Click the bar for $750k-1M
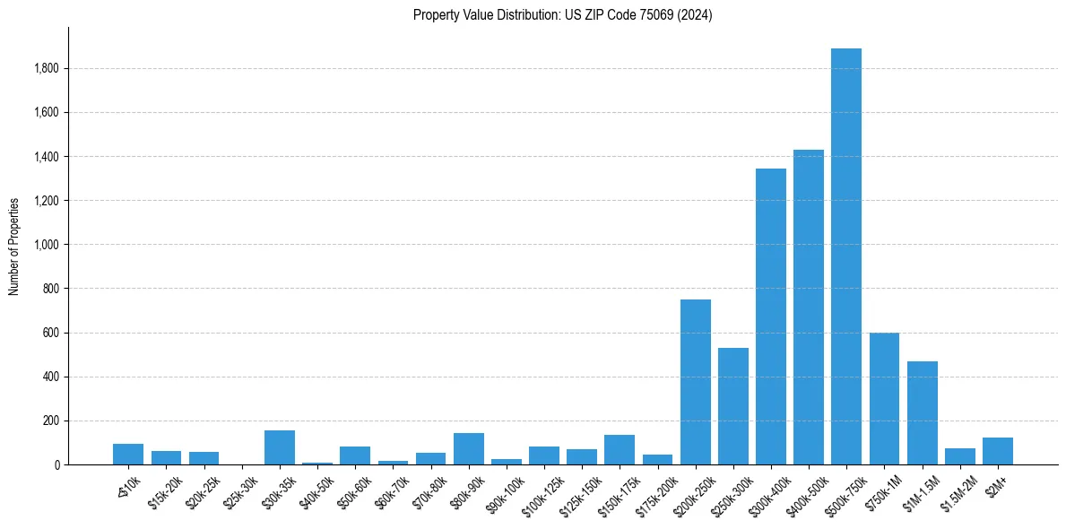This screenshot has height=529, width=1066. (884, 398)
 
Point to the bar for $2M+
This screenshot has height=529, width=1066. (997, 451)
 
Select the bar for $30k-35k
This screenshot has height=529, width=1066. (279, 447)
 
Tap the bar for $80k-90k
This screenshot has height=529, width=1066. (468, 449)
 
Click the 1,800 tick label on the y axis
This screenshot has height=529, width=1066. (47, 69)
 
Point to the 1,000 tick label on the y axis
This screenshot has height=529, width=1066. (47, 245)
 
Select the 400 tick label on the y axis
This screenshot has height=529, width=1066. (51, 377)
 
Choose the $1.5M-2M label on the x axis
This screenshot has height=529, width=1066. (958, 490)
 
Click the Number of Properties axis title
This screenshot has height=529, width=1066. (14, 247)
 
